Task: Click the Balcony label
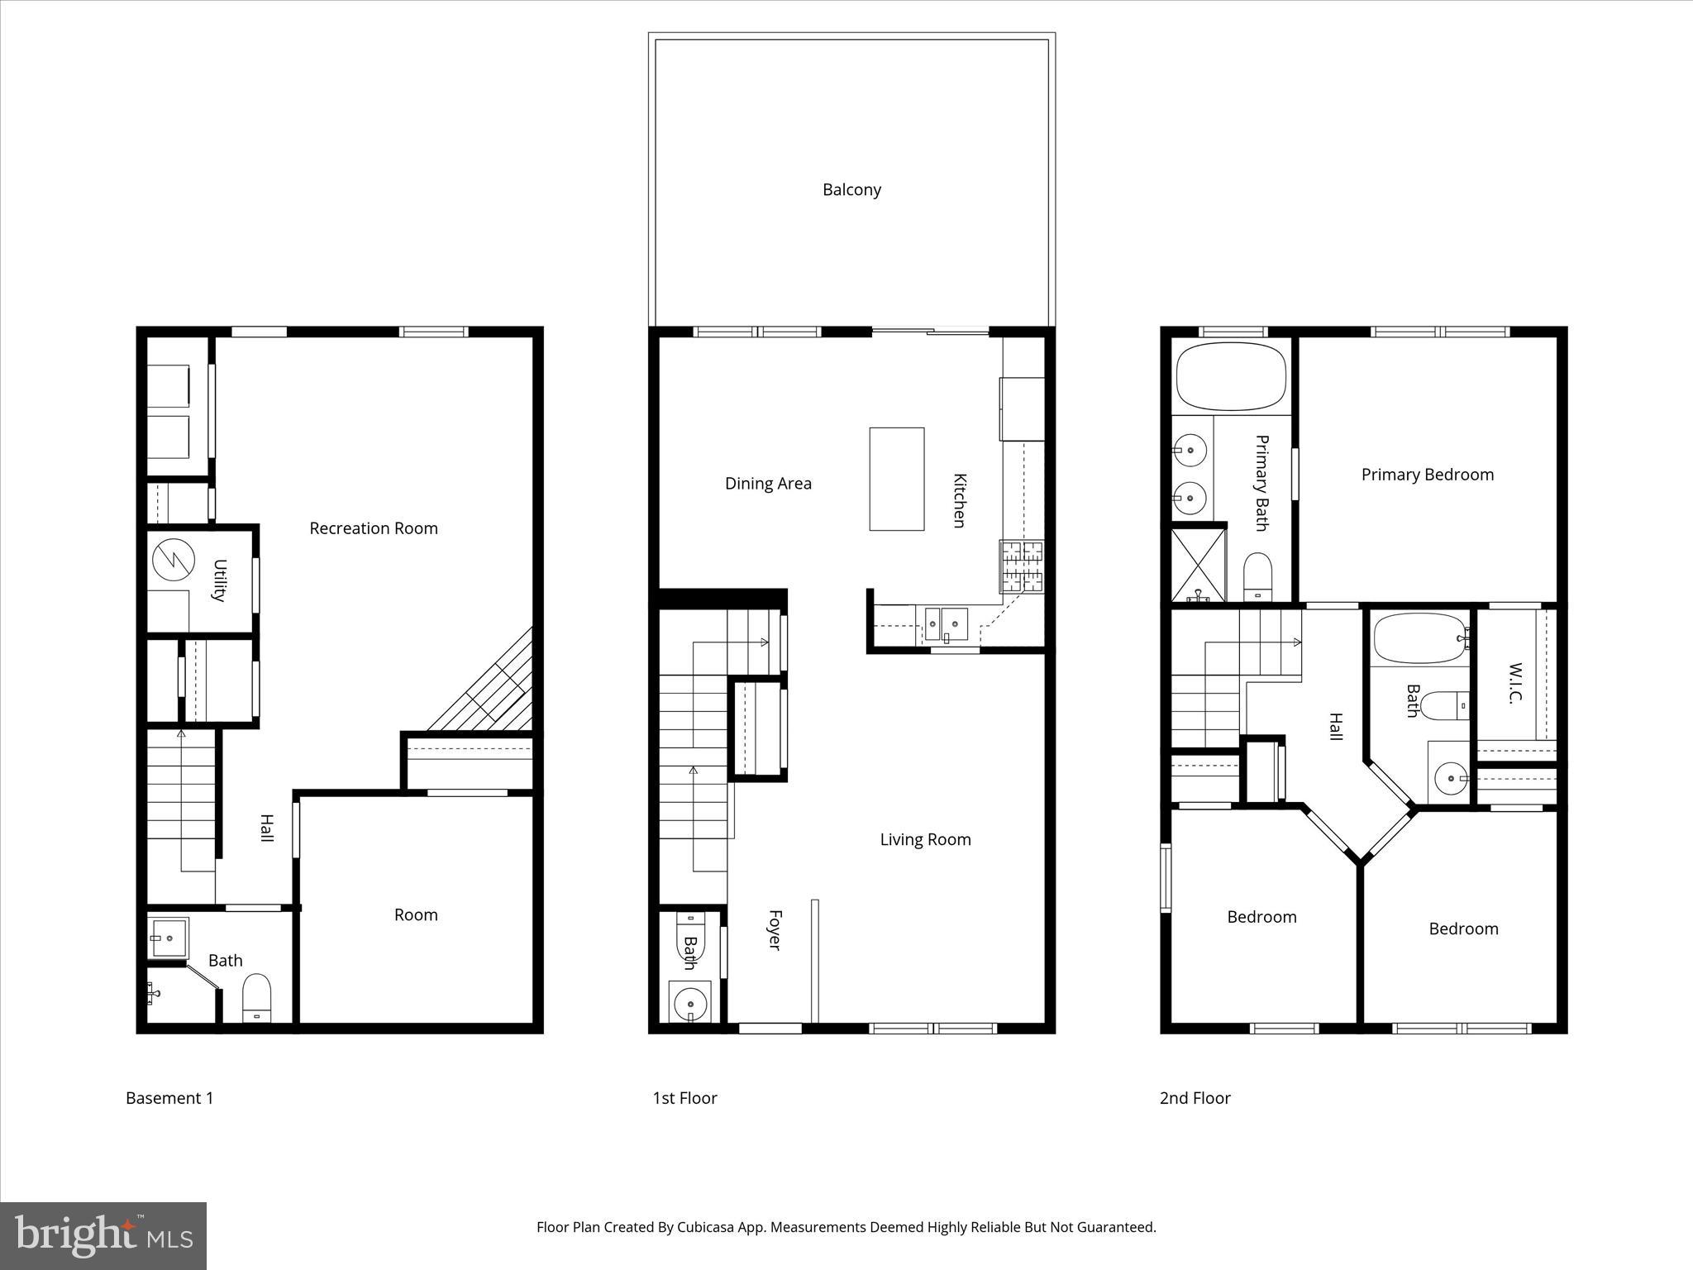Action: (851, 189)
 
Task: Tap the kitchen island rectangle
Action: (896, 479)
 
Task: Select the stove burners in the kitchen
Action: (1022, 566)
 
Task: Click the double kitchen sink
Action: (946, 623)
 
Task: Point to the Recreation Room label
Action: (374, 528)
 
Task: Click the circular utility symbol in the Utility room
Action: (173, 560)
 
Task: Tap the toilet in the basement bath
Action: (256, 998)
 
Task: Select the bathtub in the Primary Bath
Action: (1231, 377)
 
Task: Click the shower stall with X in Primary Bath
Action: (1198, 565)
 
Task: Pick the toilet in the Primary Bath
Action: (1257, 575)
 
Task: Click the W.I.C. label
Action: (1514, 682)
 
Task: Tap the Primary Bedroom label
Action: (1427, 475)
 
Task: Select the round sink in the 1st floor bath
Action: (689, 1005)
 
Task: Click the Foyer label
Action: (775, 930)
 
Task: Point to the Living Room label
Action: (925, 840)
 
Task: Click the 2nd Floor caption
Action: (1195, 1098)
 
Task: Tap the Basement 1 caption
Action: (169, 1098)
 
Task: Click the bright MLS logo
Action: (103, 1235)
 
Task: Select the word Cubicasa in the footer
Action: (707, 1227)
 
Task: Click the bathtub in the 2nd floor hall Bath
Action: (1420, 637)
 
